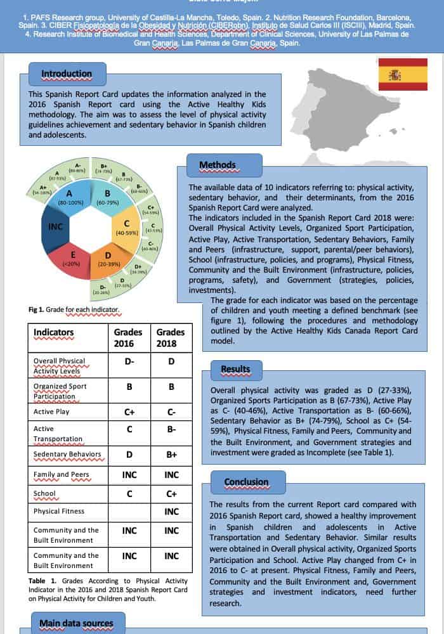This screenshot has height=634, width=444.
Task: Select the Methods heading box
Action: pos(217,165)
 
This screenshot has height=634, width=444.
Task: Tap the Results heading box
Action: pos(235,369)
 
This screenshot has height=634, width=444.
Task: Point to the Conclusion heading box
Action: pos(246,482)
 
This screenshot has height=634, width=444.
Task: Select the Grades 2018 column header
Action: pos(171,338)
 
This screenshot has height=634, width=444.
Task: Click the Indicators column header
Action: pos(53,332)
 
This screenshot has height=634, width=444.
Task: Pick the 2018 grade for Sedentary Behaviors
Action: pos(171,454)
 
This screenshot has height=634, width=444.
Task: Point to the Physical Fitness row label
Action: pos(59,511)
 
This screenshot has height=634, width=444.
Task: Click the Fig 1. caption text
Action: pos(74,310)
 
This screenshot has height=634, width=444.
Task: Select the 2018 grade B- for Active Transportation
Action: pos(171,433)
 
